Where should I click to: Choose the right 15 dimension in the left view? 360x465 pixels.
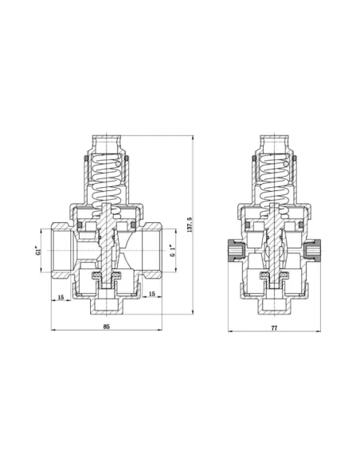pos(153,294)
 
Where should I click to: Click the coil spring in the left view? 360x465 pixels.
pos(106,177)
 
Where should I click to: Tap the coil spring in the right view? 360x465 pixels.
pos(275,177)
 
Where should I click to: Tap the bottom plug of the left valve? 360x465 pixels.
pos(106,303)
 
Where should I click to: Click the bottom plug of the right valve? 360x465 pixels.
pos(275,303)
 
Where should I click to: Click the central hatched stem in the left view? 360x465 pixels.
pos(106,239)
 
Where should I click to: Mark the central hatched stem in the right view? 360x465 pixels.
pos(275,239)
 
